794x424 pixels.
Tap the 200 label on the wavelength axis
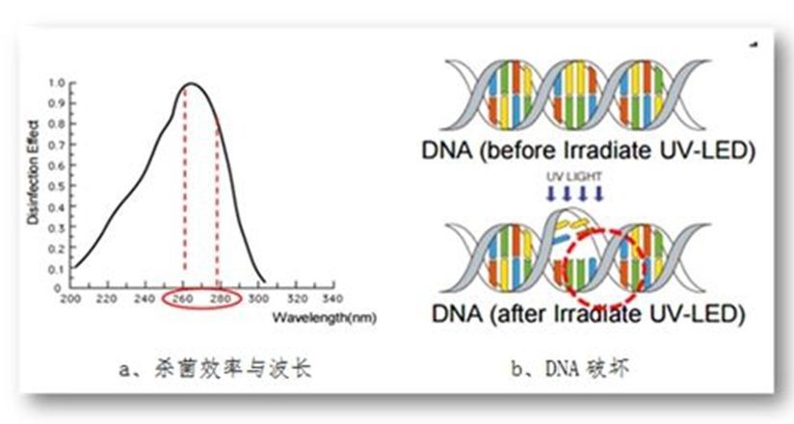70,299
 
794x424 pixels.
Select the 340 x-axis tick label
332,299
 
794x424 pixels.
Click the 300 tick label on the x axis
257,299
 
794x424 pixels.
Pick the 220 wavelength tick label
107,299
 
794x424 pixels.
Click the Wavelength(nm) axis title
325,318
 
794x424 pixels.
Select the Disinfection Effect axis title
34,172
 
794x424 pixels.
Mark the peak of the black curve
192,83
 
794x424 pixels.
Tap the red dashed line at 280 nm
217,198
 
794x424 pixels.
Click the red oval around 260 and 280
202,308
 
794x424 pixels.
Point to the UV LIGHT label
573,176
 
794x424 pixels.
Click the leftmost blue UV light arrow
551,193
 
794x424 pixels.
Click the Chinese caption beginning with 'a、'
215,369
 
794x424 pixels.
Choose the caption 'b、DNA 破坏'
570,368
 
